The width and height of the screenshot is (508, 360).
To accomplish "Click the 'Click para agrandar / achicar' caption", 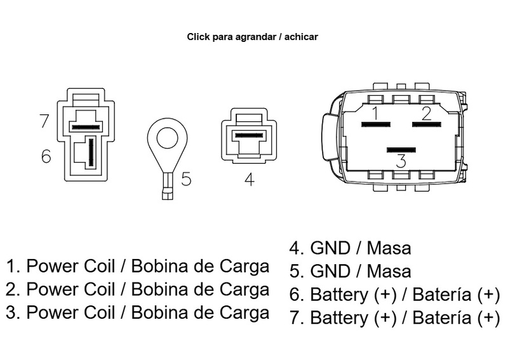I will click(252, 37).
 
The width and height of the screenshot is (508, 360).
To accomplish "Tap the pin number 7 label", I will click(44, 121).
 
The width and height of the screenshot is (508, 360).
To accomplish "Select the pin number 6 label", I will click(46, 156).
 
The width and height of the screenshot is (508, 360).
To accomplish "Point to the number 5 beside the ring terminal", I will click(185, 179).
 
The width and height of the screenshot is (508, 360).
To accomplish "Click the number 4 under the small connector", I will click(249, 180).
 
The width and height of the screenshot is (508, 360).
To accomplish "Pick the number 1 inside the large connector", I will click(375, 114).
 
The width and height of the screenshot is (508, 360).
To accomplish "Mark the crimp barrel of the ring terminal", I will click(167, 189).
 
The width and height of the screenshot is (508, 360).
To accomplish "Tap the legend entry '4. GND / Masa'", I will click(351, 247).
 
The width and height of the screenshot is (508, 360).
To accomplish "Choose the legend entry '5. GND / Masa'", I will click(351, 271).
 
